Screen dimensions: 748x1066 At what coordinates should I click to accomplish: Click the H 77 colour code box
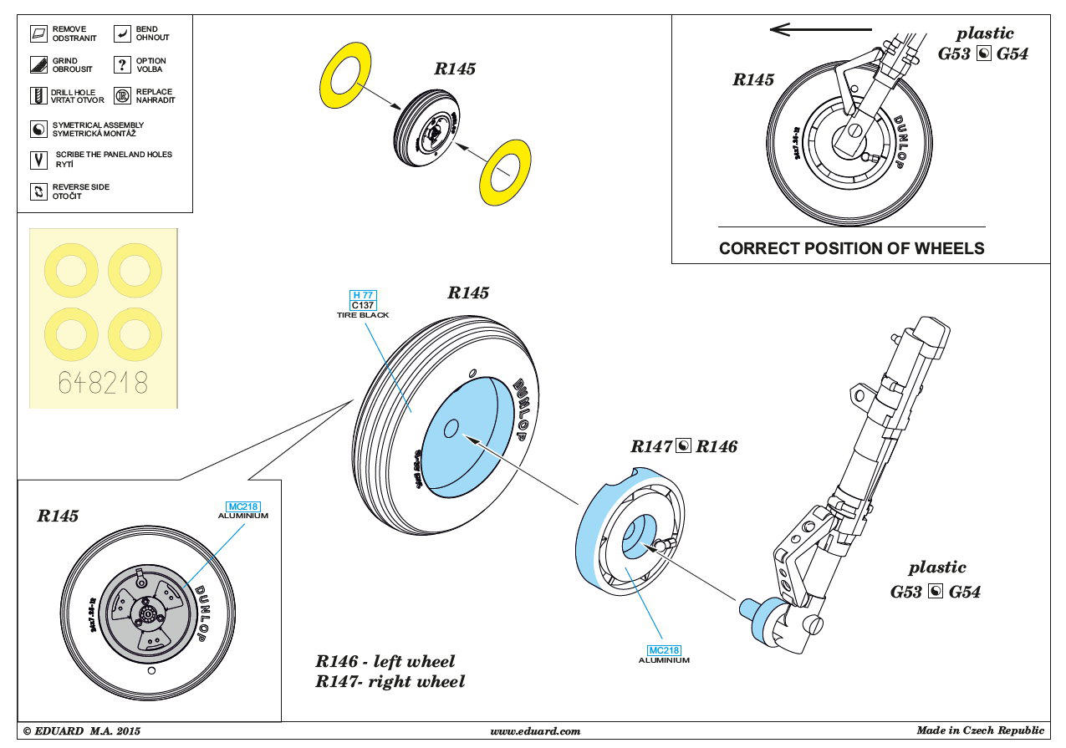click(x=363, y=295)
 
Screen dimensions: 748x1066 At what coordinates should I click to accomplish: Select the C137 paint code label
click(x=363, y=305)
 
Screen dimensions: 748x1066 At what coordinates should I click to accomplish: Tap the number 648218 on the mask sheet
click(x=103, y=383)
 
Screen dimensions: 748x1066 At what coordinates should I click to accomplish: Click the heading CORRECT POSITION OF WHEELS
click(x=851, y=248)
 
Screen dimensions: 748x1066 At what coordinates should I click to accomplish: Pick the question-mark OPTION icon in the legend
click(x=122, y=65)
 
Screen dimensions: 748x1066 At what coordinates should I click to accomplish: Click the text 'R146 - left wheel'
click(x=385, y=662)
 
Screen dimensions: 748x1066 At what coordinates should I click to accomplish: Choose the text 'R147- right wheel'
click(x=390, y=681)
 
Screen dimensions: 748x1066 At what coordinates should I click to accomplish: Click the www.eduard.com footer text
click(x=535, y=731)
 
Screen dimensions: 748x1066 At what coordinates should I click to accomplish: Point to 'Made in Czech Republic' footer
click(x=980, y=730)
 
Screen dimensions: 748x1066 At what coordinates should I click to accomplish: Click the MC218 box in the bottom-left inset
click(x=243, y=506)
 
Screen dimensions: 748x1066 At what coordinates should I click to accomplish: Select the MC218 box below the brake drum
click(x=664, y=650)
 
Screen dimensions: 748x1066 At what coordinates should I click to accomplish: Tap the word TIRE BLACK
click(x=363, y=315)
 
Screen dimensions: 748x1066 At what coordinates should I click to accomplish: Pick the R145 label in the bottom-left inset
click(x=58, y=516)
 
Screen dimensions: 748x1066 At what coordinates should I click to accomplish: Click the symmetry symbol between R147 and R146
click(x=684, y=446)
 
